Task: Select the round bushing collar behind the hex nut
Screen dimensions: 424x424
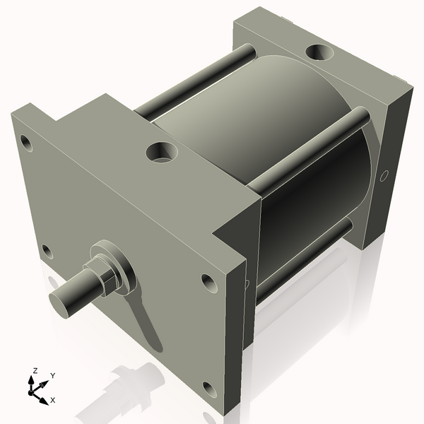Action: [117, 266]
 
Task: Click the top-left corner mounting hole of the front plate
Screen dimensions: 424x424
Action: [26, 143]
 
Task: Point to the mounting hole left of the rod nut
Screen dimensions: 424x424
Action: [47, 251]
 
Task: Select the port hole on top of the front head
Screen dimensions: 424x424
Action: [161, 151]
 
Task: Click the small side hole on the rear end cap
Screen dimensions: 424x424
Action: [385, 175]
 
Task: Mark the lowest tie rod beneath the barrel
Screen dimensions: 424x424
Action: [304, 261]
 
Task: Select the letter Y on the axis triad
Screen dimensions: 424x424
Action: [52, 376]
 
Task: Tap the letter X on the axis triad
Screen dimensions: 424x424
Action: [52, 400]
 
